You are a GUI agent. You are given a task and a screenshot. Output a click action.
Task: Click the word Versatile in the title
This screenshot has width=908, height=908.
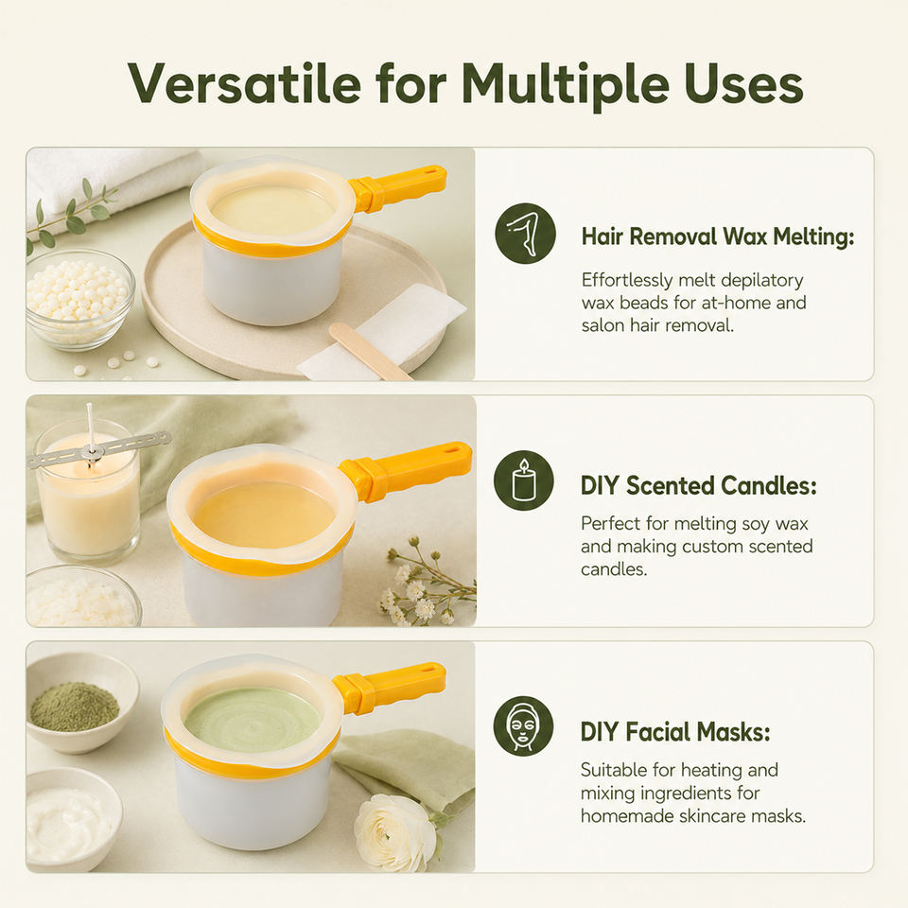pyautogui.click(x=245, y=83)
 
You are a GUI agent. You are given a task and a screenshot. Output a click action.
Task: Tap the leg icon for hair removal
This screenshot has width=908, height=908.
pyautogui.click(x=525, y=234)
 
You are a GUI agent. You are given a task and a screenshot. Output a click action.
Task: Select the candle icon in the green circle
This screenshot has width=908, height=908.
pyautogui.click(x=524, y=480)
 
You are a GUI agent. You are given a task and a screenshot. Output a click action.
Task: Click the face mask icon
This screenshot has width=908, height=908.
pyautogui.click(x=523, y=726)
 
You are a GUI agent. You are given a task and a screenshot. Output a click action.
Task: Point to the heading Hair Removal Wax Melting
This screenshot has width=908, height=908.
pyautogui.click(x=718, y=236)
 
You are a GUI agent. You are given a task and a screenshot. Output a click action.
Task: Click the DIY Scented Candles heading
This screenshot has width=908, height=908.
pyautogui.click(x=698, y=485)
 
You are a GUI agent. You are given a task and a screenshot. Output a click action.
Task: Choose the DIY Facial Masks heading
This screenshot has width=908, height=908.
pyautogui.click(x=675, y=732)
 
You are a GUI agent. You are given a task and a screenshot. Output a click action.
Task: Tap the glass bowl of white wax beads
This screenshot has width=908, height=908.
pyautogui.click(x=79, y=300)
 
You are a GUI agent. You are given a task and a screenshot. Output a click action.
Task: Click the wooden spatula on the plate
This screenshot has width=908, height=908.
pyautogui.click(x=370, y=351)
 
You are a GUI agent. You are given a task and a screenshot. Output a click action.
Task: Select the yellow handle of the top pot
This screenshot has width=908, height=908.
pyautogui.click(x=398, y=187)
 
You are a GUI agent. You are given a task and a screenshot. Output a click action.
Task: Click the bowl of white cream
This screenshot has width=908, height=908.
pyautogui.click(x=73, y=819)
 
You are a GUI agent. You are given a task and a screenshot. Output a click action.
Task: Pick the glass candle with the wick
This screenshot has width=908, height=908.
pyautogui.click(x=88, y=491)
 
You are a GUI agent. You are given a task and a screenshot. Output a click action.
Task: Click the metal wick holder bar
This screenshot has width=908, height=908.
pyautogui.click(x=98, y=448)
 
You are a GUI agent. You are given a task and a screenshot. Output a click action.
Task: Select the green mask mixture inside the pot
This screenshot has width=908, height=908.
pyautogui.click(x=253, y=720)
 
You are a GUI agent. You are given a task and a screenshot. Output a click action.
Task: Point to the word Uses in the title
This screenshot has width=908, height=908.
pyautogui.click(x=743, y=84)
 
